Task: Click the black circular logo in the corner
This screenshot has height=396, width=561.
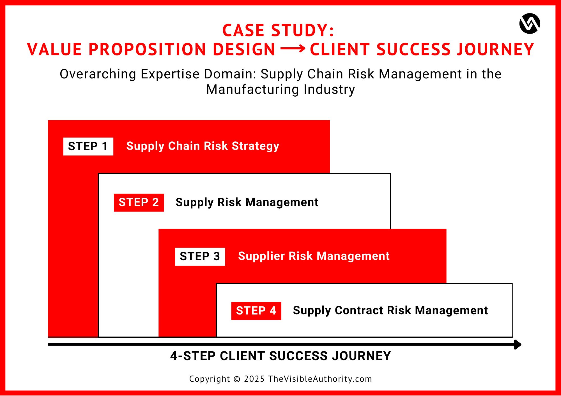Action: click(530, 24)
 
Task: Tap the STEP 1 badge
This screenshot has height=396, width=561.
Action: click(88, 146)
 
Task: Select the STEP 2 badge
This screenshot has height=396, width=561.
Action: click(139, 202)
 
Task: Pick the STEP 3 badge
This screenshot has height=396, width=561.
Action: click(200, 257)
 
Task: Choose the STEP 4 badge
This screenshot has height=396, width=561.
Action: click(256, 311)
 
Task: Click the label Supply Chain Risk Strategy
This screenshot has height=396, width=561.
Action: click(203, 146)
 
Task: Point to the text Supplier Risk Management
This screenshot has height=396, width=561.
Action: click(314, 256)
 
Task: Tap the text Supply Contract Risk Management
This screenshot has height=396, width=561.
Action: click(390, 311)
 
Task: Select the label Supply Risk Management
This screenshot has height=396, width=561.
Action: click(247, 202)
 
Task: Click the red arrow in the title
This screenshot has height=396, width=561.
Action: click(293, 49)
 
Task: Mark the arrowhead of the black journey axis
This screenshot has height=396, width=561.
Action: click(518, 344)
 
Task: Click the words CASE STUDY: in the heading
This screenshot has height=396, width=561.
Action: click(278, 30)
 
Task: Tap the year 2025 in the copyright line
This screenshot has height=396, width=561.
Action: click(254, 379)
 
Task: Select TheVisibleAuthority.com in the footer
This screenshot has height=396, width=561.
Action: click(320, 379)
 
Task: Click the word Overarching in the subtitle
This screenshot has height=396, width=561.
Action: click(98, 74)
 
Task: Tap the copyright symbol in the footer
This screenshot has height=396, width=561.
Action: click(237, 379)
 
